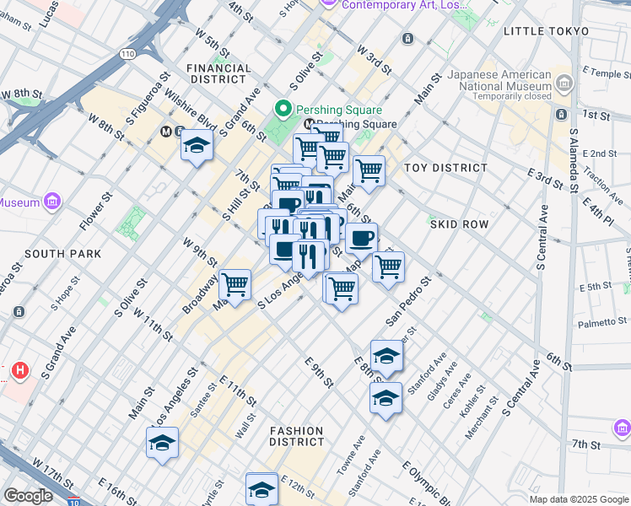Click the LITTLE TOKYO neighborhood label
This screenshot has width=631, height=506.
coord(545,30)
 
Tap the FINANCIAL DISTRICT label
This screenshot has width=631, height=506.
coord(219,73)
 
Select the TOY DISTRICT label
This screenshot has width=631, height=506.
coord(445,168)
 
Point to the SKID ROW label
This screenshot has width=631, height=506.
coord(459,224)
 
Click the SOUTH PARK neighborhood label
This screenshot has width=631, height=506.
coord(62,254)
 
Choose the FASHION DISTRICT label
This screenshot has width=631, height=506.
coord(297,436)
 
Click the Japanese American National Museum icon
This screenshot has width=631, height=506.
coord(564,83)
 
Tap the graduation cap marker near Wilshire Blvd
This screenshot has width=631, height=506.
coord(197,145)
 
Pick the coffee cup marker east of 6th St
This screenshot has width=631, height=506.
coord(361,237)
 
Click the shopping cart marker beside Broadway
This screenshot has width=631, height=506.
coord(235,285)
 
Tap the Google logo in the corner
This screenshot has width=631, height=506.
coord(27,496)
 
